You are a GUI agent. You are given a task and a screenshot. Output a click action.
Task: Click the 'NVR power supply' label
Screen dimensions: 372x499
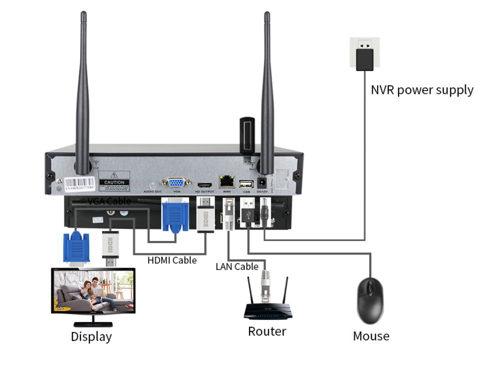click(422, 90)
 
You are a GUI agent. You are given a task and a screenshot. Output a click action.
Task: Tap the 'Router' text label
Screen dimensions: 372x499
click(267, 331)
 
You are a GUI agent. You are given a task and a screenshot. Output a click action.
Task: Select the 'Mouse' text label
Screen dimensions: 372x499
click(371, 335)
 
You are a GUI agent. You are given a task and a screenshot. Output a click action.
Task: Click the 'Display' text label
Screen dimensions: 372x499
click(91, 336)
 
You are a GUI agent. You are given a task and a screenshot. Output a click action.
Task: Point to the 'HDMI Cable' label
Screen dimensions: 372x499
click(172, 260)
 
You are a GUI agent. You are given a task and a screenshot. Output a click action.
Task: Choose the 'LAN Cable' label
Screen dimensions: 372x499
click(237, 266)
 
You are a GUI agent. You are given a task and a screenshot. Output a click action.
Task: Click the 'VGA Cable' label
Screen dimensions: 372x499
click(109, 201)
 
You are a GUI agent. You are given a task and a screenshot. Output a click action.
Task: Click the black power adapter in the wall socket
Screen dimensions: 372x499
click(365, 59)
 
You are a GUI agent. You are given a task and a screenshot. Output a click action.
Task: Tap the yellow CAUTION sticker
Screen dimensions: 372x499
click(114, 182)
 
